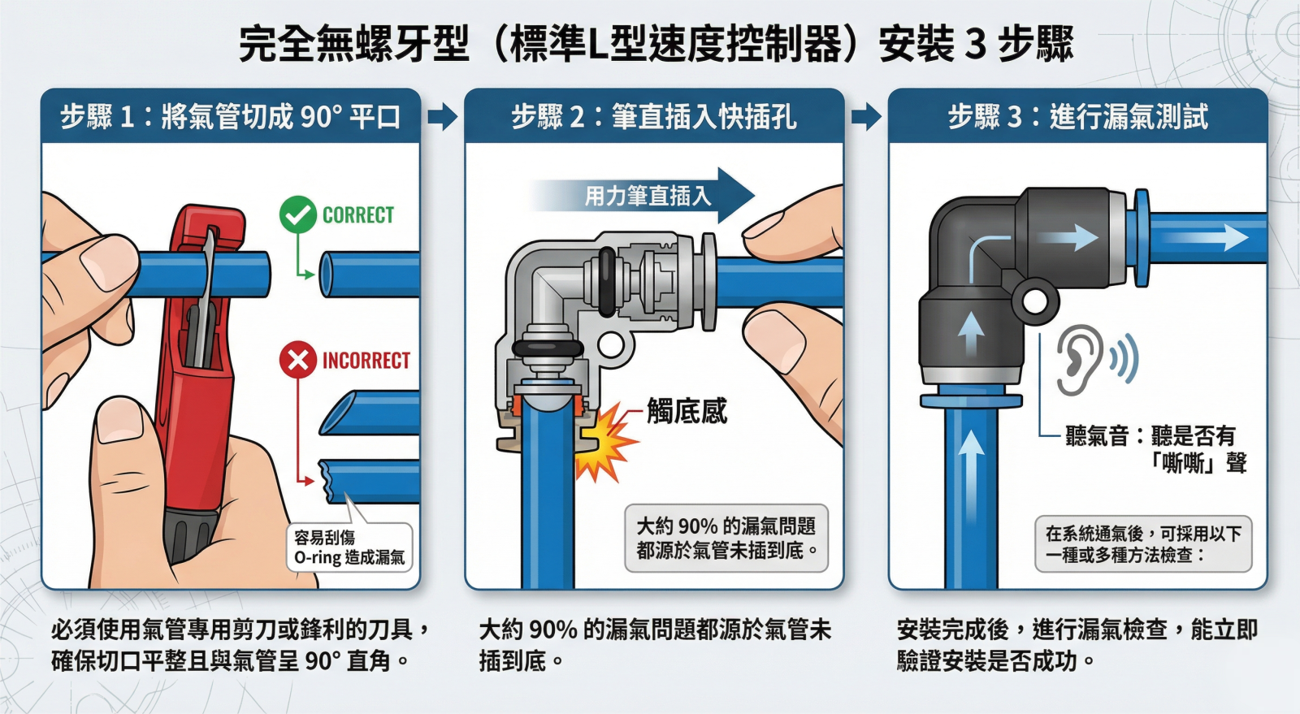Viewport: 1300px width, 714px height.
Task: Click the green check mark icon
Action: [x=297, y=214]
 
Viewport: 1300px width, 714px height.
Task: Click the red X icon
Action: [x=297, y=360]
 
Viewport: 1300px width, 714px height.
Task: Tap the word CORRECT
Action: [x=358, y=215]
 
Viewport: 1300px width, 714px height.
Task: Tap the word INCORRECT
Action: [x=366, y=361]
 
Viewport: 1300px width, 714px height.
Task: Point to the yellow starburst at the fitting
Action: [x=604, y=442]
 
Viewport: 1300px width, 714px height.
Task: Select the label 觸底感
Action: [x=687, y=411]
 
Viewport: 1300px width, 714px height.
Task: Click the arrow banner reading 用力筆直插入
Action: [x=642, y=196]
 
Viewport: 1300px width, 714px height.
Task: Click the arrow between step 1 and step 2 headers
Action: [x=443, y=117]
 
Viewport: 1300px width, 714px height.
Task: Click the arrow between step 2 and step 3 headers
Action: [x=866, y=117]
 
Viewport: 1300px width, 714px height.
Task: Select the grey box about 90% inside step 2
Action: [x=726, y=539]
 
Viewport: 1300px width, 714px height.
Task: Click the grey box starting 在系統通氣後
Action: [x=1143, y=544]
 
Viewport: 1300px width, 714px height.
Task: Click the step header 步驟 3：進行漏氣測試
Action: [x=1077, y=117]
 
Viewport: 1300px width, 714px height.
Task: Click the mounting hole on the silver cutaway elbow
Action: [x=610, y=345]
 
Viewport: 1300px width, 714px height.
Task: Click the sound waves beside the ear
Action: [x=1124, y=358]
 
